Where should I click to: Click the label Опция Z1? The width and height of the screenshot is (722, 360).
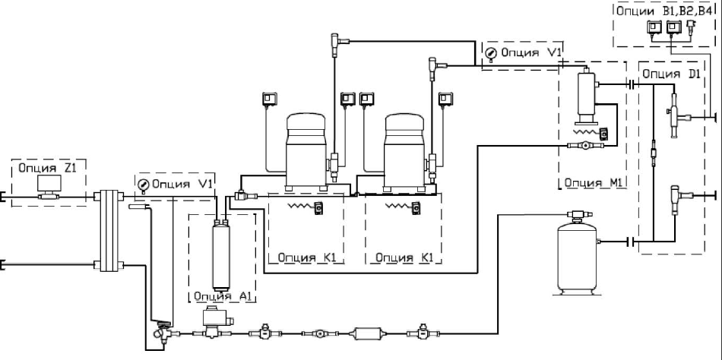pos(46,168)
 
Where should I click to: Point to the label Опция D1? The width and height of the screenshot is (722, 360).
pos(672,74)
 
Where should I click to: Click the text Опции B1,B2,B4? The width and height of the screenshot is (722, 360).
pos(663,11)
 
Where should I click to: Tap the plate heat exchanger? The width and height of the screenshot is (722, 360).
pos(109,231)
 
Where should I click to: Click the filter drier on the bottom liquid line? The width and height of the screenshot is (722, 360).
pos(367,333)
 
